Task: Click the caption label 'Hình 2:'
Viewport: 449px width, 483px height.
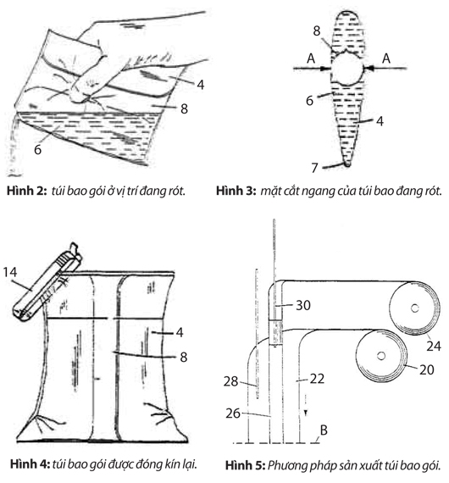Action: [27, 191]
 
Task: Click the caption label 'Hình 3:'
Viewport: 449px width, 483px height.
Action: [236, 191]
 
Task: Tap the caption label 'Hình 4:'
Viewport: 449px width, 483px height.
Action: [30, 464]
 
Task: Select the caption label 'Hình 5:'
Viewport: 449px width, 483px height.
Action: [245, 465]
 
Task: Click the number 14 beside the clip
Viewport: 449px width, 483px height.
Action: [10, 272]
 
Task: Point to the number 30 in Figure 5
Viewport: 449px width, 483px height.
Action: [303, 305]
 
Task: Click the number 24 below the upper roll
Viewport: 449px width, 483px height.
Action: [434, 347]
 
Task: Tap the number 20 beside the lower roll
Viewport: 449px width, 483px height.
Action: [427, 369]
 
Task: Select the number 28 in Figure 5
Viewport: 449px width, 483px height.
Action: [231, 381]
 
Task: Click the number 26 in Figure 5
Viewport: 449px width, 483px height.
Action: [233, 414]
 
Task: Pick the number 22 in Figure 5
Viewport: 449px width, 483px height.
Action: [317, 379]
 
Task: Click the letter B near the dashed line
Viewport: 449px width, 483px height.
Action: [324, 430]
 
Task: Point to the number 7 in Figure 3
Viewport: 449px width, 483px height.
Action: [314, 168]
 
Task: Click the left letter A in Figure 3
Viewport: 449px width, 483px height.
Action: [311, 58]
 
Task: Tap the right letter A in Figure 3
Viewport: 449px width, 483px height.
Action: [386, 58]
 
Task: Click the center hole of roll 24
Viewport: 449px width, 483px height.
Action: [415, 308]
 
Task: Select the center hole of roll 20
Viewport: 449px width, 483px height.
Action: [381, 356]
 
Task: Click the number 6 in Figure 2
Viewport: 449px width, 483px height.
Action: [37, 149]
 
